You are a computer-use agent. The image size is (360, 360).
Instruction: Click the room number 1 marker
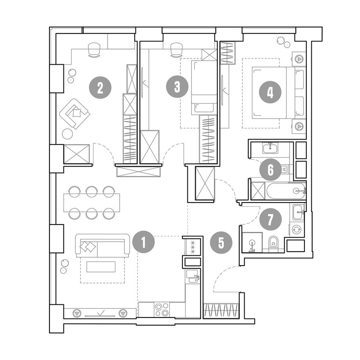(144, 242)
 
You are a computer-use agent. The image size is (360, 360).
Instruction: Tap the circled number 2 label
(100, 88)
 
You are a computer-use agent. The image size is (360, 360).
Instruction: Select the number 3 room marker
(177, 87)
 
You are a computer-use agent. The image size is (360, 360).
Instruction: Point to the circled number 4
(270, 93)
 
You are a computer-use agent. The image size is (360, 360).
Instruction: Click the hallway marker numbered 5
(221, 243)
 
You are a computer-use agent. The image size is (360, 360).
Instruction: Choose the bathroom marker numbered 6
(270, 170)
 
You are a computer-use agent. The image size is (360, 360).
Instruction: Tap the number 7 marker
(270, 219)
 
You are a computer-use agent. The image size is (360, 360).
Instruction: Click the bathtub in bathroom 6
(286, 191)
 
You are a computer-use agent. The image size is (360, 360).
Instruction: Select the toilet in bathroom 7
(273, 242)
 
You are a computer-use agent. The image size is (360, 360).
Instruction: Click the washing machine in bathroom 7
(297, 229)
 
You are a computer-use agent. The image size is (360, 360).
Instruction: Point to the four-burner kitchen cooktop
(162, 310)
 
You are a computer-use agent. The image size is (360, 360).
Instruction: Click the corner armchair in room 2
(75, 113)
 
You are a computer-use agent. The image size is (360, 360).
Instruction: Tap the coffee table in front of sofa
(101, 267)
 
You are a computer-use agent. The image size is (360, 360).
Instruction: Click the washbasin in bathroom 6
(270, 148)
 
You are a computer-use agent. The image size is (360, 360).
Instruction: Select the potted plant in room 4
(280, 40)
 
